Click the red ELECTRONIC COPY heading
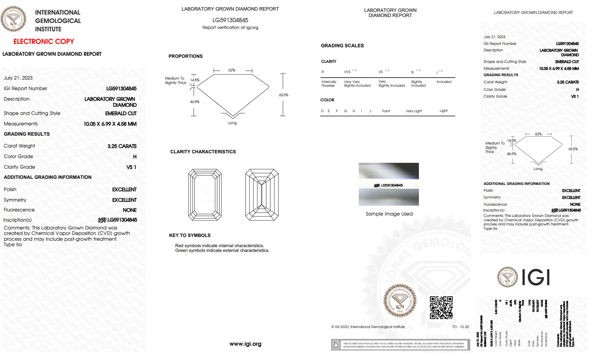pos(44,41)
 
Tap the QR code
pos(441,307)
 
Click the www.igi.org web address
pos(245,344)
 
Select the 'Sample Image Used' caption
pos(389,214)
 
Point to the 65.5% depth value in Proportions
pos(284,95)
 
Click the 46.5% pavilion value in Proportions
pos(194,102)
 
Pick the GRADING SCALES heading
pos(342,46)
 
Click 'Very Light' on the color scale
pos(413,111)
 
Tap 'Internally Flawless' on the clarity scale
pos(329,84)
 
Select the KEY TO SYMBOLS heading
pos(190,235)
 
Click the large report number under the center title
pos(230,20)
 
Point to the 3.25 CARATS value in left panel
pos(122,146)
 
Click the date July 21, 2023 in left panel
pos(18,78)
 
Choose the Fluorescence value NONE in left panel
pos(130,210)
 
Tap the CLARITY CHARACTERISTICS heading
pos(203,152)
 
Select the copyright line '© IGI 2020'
pos(368,327)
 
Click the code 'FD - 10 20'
pos(460,327)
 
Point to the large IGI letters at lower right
pos(535,277)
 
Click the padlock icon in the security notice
pos(336,345)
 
